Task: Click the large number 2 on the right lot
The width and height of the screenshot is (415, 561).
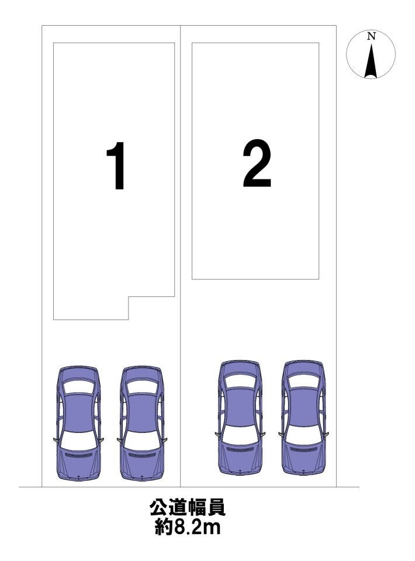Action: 257,163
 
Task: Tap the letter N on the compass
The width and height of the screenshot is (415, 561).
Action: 371,36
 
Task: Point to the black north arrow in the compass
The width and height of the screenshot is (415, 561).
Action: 371,61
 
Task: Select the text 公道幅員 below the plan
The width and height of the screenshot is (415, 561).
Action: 188,508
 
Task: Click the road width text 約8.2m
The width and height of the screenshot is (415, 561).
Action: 188,527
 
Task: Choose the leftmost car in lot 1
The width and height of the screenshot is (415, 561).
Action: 78,423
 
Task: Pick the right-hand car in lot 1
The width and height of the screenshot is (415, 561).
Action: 142,423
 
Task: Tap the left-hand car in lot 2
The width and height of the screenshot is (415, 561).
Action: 240,417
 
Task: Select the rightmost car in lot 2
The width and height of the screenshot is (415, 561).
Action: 304,417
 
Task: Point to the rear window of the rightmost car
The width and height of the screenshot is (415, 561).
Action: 304,381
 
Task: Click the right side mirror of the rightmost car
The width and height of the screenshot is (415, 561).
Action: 327,435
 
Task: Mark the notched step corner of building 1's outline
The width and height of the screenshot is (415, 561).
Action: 129,296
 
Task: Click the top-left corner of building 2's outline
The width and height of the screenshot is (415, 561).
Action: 192,43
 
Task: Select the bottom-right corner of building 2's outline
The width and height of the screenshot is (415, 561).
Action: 319,279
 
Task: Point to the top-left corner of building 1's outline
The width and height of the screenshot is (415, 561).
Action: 53,43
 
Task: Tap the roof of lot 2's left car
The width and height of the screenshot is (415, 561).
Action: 240,406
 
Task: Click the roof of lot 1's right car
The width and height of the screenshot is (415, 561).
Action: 142,412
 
